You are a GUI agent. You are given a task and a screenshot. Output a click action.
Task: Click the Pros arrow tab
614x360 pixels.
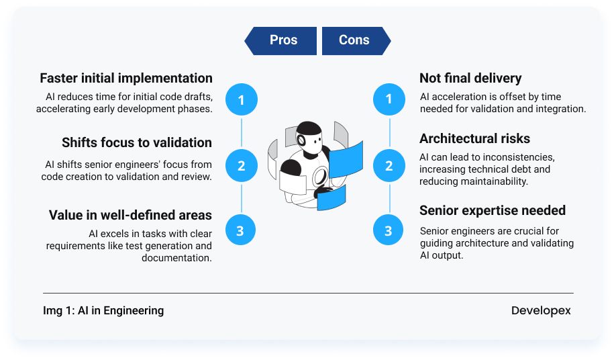pos(282,40)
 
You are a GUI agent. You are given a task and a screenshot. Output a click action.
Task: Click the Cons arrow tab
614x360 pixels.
pos(355,40)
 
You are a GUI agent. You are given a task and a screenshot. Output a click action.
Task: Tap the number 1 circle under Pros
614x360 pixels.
pos(242,100)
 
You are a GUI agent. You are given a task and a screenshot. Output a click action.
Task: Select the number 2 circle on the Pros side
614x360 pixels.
pos(242,165)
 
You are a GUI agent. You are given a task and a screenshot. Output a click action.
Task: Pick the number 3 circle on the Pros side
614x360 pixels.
pos(242,231)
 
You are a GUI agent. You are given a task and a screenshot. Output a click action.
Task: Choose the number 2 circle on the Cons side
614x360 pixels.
pos(389,165)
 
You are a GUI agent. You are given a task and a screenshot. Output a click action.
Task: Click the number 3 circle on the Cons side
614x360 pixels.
pos(389,231)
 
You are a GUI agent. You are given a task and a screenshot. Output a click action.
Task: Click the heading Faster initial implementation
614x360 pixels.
pos(126,78)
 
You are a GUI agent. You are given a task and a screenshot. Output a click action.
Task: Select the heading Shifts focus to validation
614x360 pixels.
pos(137,142)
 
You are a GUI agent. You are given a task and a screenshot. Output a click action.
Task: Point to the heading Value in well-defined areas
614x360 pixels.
pos(130,215)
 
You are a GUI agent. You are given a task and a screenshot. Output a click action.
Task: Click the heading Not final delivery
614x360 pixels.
pos(470,78)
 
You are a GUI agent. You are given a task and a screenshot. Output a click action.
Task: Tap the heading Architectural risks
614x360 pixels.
pos(475,138)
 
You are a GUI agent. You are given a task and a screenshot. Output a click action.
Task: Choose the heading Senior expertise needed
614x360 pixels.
pos(493,210)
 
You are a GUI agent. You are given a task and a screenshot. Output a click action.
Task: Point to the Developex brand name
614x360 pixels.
pos(541,310)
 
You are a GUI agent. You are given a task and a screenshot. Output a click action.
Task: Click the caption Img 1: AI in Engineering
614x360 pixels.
pos(103,310)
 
